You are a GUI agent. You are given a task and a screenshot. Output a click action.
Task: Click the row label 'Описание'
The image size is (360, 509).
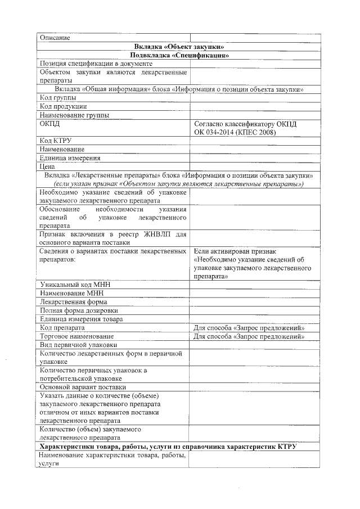[55, 38]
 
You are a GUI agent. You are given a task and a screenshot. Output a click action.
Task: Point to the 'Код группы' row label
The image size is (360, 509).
[58, 98]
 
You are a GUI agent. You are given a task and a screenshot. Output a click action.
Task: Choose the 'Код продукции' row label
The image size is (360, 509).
[64, 106]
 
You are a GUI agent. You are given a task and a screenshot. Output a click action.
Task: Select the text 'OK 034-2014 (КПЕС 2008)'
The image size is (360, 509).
[236, 132]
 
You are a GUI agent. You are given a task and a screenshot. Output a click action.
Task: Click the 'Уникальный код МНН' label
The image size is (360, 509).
[75, 285]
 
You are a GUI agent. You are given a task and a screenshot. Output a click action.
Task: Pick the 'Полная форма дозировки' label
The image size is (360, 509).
[79, 310]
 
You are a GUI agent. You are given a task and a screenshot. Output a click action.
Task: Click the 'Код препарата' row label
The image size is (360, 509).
[62, 327]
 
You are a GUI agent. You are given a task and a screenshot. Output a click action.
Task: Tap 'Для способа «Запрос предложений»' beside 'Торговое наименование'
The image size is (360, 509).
[249, 336]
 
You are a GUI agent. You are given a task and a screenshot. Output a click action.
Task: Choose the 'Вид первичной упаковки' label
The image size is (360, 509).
[78, 345]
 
